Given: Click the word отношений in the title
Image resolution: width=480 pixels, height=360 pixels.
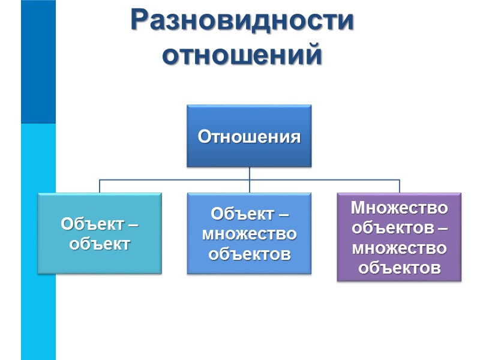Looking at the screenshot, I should [x=242, y=56].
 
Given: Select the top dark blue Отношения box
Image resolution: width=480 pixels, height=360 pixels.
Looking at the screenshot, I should [x=249, y=136].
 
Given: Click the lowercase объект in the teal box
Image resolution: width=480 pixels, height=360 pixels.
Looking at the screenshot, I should [x=100, y=244].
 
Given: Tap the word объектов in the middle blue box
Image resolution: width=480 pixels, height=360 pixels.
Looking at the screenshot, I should [x=249, y=253].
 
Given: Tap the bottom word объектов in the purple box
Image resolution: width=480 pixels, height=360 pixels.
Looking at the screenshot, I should [x=399, y=267].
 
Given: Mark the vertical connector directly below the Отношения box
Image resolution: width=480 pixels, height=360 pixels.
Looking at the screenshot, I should [x=249, y=173].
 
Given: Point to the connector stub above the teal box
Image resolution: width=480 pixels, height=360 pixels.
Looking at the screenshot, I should [x=100, y=185].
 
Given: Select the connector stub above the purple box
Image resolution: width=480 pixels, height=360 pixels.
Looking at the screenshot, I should [x=399, y=185].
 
